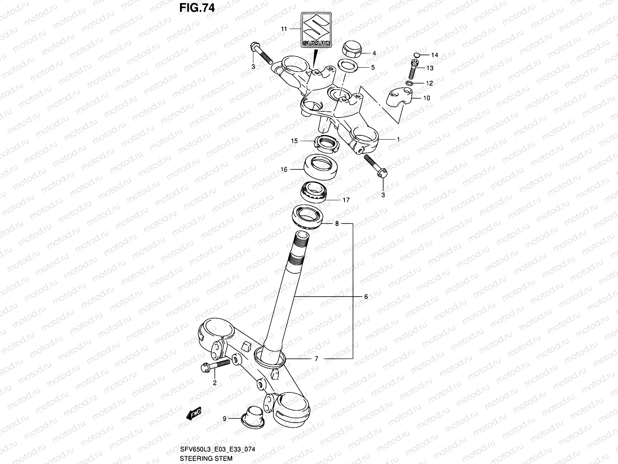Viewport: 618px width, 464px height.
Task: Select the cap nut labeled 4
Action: click(352, 49)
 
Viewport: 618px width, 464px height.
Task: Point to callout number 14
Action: click(435, 55)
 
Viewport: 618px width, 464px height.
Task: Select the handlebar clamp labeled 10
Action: click(400, 97)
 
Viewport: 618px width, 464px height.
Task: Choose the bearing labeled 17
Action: click(314, 192)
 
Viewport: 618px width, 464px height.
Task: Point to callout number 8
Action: click(337, 223)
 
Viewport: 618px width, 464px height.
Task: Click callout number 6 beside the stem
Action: click(365, 297)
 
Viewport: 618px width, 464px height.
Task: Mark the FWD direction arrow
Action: click(194, 414)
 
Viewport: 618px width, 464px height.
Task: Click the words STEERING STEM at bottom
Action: click(206, 459)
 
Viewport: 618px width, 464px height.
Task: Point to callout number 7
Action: click(316, 359)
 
